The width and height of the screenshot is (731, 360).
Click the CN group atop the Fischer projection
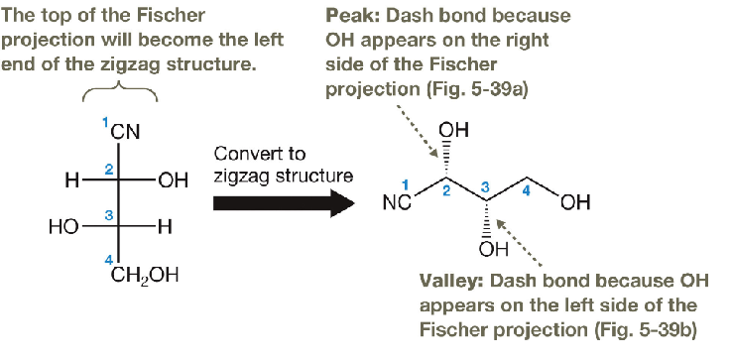(126, 131)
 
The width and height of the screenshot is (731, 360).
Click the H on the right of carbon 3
(166, 227)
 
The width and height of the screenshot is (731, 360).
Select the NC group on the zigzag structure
(395, 204)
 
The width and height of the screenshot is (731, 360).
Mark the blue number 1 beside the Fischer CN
(107, 121)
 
